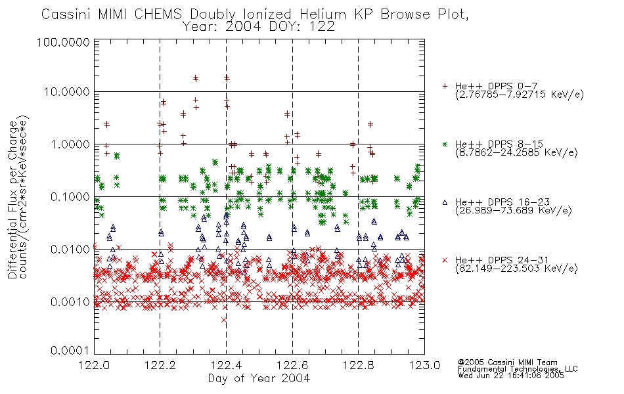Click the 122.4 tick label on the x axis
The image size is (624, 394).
point(226,365)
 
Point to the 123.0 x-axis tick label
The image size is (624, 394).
point(424,365)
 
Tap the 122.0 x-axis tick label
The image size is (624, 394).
point(94,365)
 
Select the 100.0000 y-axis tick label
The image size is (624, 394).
point(63,42)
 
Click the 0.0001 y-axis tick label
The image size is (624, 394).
point(70,350)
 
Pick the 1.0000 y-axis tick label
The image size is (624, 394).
point(70,144)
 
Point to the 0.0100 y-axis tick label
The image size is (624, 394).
point(70,249)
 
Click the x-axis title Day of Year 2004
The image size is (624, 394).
point(259,378)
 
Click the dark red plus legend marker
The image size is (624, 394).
point(445,86)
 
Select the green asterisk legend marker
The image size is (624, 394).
point(445,144)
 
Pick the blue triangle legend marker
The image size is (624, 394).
point(445,202)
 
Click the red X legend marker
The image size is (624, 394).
point(445,260)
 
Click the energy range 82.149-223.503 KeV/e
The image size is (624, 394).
point(516,269)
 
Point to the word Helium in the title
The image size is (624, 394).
point(323,14)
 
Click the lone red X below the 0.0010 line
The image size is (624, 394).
point(223,320)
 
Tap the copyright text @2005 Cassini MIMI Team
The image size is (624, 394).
point(507,362)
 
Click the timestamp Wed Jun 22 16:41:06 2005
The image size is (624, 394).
point(511,376)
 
